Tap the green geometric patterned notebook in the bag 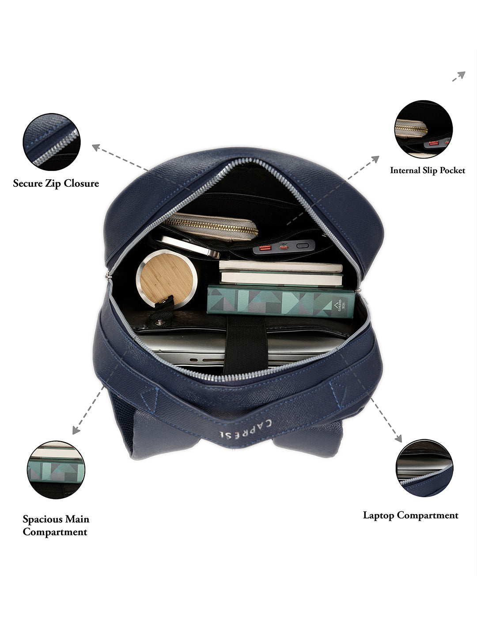pos(281,302)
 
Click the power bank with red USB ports pos(284,247)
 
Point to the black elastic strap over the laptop pos(245,345)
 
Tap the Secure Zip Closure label pos(56,183)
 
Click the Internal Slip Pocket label pos(428,170)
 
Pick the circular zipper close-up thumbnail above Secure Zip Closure pos(52,142)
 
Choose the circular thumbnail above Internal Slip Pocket pos(424,129)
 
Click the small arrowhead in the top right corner pos(462,75)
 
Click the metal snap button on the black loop pos(159,322)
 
